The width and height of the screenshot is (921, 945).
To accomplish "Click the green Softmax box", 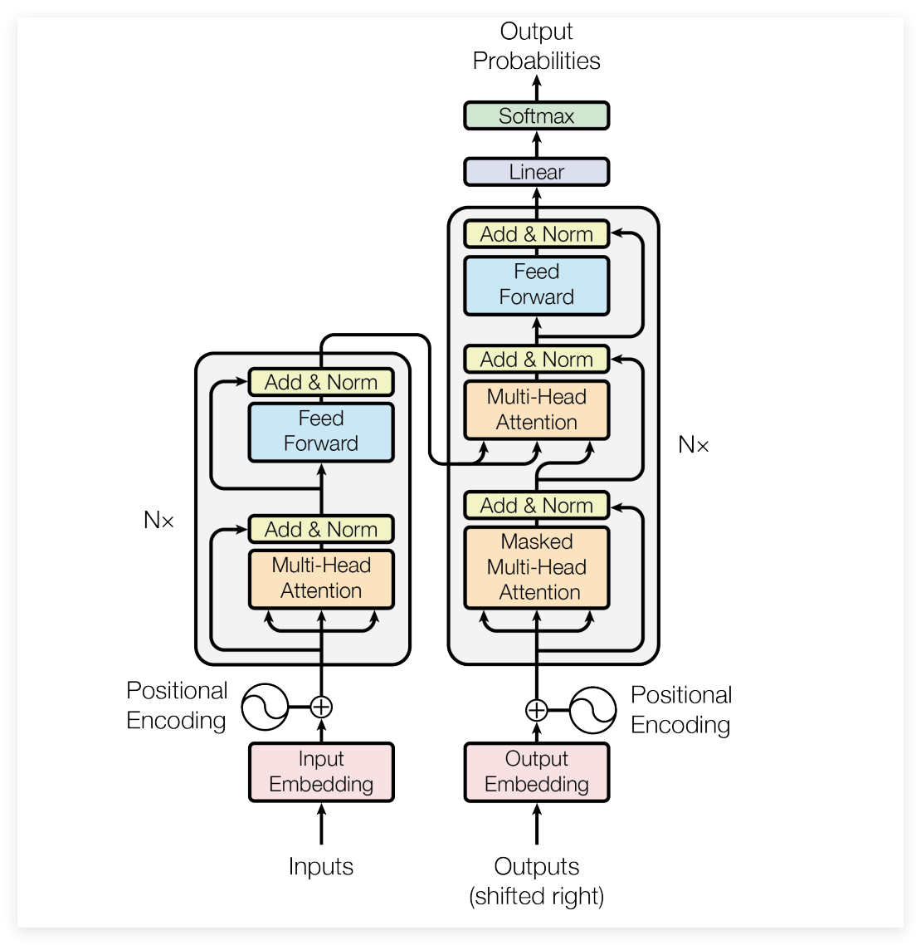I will [x=536, y=115].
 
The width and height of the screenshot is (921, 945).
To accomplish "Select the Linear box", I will [x=536, y=172].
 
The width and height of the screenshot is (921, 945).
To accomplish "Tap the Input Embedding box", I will [x=321, y=771].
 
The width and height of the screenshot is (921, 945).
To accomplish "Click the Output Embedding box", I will [x=536, y=771].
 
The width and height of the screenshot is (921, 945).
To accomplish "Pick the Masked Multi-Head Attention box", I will [x=536, y=567].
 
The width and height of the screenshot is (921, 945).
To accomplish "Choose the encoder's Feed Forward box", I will [x=321, y=431].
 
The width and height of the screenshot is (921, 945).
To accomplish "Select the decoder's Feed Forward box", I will [x=536, y=285].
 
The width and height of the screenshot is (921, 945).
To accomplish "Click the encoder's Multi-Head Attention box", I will [x=321, y=578].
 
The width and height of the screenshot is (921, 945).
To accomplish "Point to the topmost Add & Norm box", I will [x=536, y=234].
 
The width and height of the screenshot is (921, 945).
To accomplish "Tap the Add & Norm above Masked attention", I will [x=536, y=505].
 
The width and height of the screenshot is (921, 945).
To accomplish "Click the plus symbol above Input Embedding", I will [x=321, y=707].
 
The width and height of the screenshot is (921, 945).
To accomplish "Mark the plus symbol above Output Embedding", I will [x=536, y=710].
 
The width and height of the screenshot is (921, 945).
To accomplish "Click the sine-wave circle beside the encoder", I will [x=264, y=707].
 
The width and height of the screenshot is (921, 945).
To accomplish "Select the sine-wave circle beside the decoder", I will [x=593, y=710].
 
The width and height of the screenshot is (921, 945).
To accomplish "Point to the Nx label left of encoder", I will [x=158, y=521].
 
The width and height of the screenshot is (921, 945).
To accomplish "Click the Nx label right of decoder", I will [x=694, y=445].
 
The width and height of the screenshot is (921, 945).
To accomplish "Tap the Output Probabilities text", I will [x=536, y=46].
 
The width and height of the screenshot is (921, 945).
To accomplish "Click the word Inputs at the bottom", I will [x=321, y=866].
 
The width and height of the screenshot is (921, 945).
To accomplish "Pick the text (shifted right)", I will [x=536, y=896].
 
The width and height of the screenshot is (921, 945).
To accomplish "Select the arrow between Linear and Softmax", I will [x=536, y=144].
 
